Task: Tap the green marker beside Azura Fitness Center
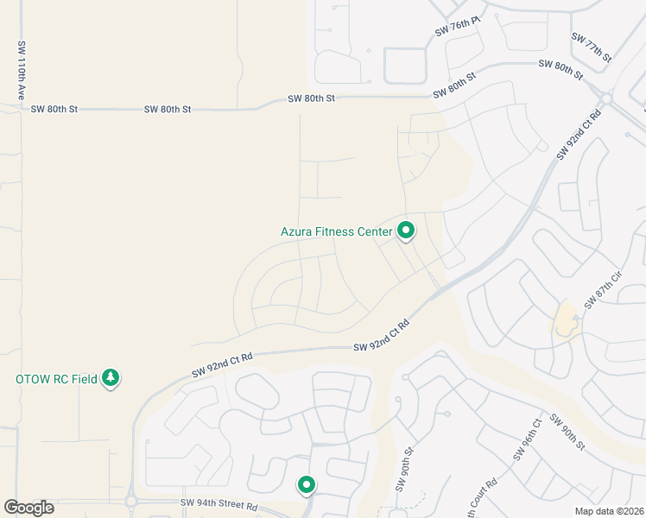pyautogui.click(x=406, y=231)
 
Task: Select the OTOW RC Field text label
pyautogui.click(x=56, y=379)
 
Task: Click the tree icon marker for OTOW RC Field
pyautogui.click(x=111, y=378)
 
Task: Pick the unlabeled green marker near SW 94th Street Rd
pyautogui.click(x=306, y=486)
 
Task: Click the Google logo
pyautogui.click(x=28, y=508)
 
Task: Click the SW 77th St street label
pyautogui.click(x=591, y=47)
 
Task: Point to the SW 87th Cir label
pyautogui.click(x=603, y=291)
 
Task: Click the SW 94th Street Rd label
pyautogui.click(x=219, y=503)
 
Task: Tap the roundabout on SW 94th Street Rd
pyautogui.click(x=130, y=501)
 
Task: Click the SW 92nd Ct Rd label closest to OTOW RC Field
pyautogui.click(x=222, y=364)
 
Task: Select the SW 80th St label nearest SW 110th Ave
pyautogui.click(x=54, y=110)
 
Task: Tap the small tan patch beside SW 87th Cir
pyautogui.click(x=567, y=320)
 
